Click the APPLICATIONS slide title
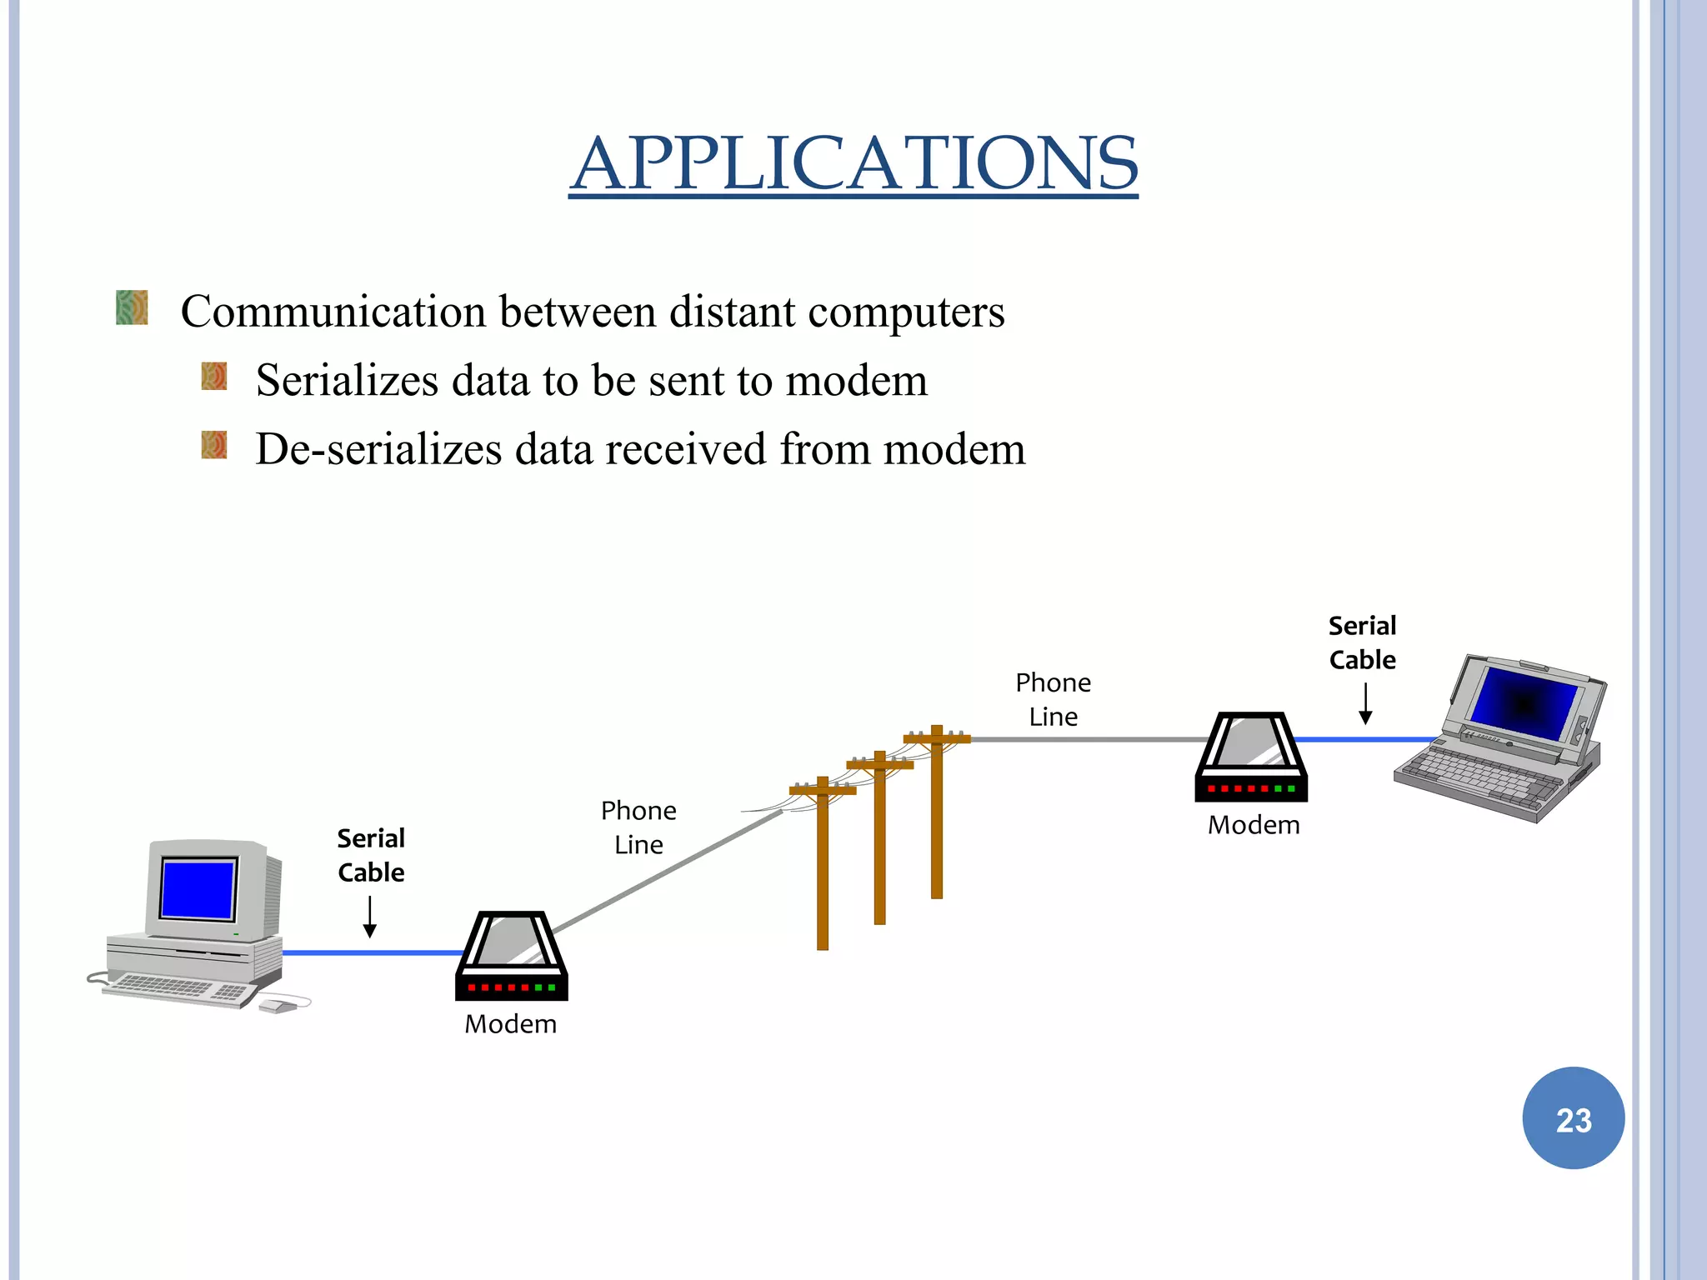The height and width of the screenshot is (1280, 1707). (853, 163)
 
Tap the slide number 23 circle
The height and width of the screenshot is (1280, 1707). (1573, 1118)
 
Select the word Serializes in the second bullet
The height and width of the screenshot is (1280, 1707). (347, 380)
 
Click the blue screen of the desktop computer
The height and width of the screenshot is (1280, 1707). (198, 888)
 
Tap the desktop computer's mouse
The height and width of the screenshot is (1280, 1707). (278, 1007)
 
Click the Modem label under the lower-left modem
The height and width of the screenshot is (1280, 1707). (510, 1024)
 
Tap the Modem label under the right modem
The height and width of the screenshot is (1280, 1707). (1254, 825)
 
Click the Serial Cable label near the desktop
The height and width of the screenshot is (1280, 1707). (371, 855)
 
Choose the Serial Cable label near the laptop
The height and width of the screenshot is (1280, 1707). (1362, 642)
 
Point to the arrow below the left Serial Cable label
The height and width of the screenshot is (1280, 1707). (370, 917)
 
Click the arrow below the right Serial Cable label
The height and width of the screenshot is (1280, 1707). (1365, 704)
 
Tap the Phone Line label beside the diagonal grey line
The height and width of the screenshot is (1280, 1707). (638, 827)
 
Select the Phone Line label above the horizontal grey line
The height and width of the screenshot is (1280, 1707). (1053, 699)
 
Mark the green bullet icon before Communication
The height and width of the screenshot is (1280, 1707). (132, 307)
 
